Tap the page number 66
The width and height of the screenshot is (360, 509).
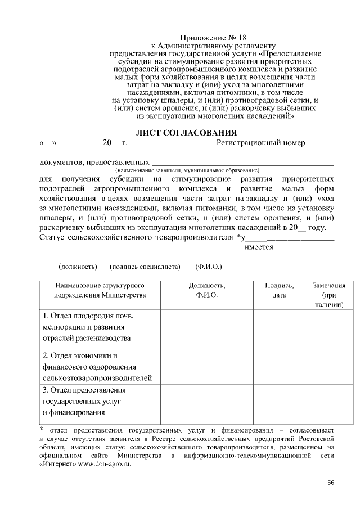pyautogui.click(x=331, y=483)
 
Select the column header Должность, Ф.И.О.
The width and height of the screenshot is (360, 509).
pyautogui.click(x=206, y=290)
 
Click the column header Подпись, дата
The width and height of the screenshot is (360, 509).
pyautogui.click(x=279, y=290)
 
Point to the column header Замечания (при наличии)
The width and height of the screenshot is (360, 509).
pyautogui.click(x=329, y=295)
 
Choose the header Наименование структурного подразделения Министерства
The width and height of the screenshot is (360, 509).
pyautogui.click(x=100, y=290)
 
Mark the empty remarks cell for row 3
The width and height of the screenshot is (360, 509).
pyautogui.click(x=329, y=402)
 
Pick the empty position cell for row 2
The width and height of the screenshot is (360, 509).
pyautogui.click(x=206, y=367)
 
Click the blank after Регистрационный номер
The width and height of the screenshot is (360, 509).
pyautogui.click(x=317, y=143)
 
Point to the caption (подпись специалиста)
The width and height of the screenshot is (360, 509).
pyautogui.click(x=145, y=266)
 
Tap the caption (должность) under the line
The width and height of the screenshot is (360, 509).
pyautogui.click(x=78, y=266)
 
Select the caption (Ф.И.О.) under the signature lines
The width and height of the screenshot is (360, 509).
pyautogui.click(x=208, y=266)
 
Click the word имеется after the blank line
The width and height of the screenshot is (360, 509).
pyautogui.click(x=259, y=247)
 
